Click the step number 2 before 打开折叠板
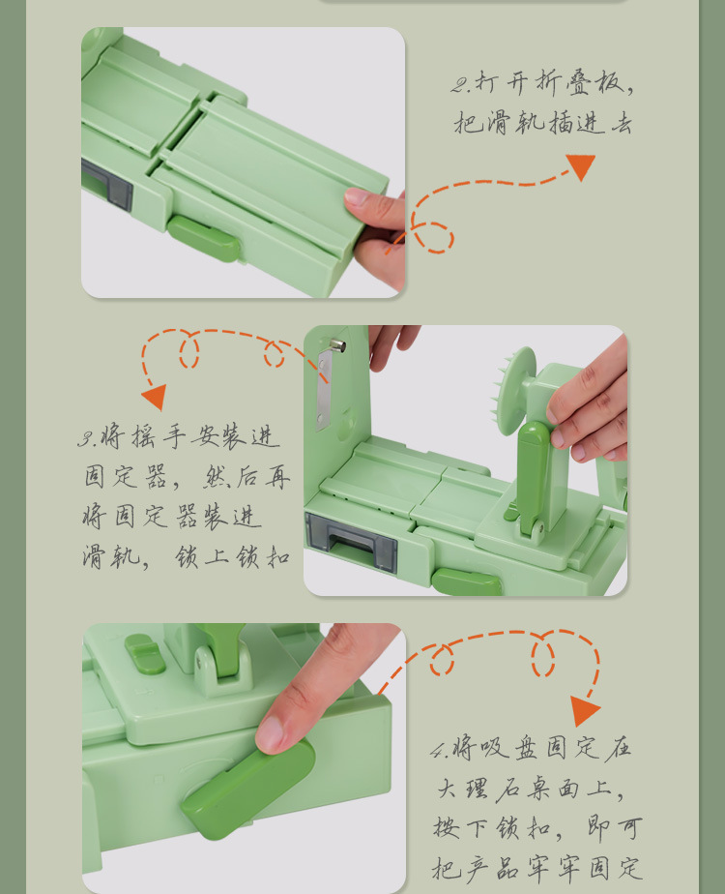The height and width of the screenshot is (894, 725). [x=460, y=84]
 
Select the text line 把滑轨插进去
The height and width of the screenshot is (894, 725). [x=542, y=124]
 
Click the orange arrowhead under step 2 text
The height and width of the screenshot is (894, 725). [x=580, y=165]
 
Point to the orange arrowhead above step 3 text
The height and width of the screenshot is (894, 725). [x=154, y=396]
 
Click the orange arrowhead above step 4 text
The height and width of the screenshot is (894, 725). [x=584, y=711]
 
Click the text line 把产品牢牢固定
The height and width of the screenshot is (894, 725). [x=536, y=868]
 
